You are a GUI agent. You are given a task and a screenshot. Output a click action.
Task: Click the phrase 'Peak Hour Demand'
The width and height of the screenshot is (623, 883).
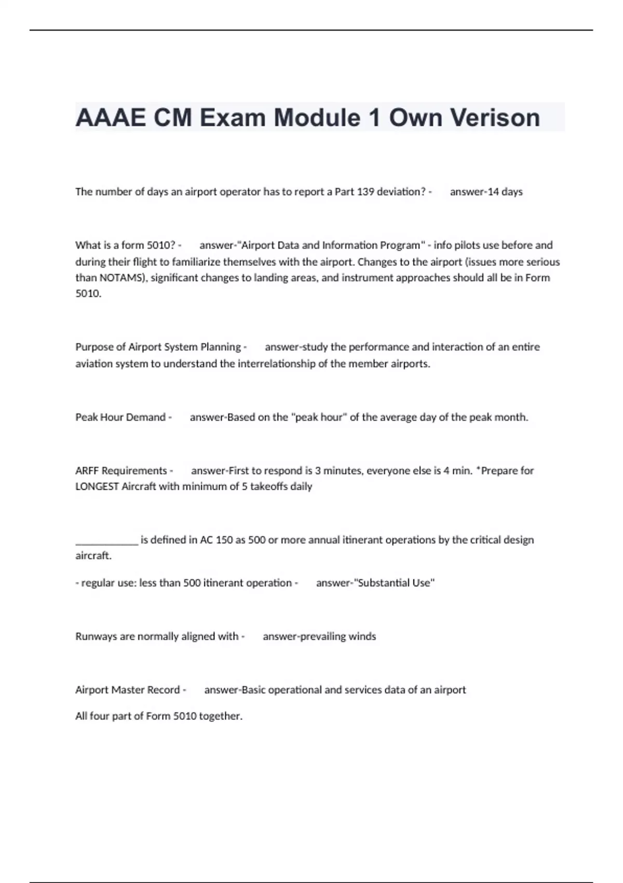(x=120, y=417)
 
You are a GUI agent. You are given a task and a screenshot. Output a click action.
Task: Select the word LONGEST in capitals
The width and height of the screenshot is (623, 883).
(x=97, y=487)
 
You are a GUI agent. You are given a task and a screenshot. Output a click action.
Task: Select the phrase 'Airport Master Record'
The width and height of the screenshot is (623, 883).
(x=127, y=690)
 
